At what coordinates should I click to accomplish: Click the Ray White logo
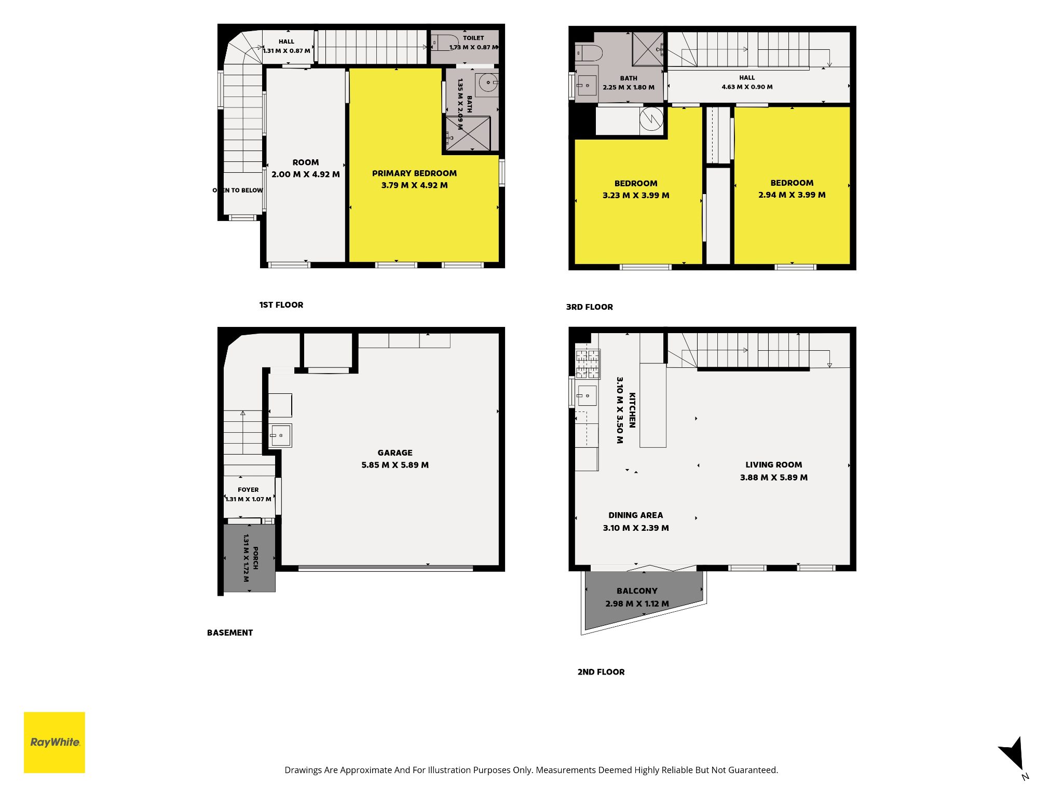pos(54,742)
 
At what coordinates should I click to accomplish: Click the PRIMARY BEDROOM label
pos(414,173)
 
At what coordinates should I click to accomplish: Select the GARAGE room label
pos(395,452)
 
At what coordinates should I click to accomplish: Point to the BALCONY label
pos(637,591)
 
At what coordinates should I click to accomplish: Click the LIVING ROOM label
pos(773,465)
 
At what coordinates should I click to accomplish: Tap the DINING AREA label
pos(635,515)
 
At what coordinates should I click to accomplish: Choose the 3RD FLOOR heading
pos(589,307)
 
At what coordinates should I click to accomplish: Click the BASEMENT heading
pos(230,633)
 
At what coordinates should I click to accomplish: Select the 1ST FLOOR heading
pos(281,305)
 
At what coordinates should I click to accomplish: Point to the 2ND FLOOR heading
pos(601,672)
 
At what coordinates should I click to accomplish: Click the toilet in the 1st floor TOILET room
pos(444,42)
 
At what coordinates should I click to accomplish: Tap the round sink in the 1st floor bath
pos(488,83)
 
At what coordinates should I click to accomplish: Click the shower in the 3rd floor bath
pos(648,49)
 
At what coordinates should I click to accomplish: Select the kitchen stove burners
pos(588,363)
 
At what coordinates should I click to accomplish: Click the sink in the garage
pos(280,435)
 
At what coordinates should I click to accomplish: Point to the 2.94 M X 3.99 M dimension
pos(792,195)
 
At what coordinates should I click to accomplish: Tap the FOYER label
pos(248,490)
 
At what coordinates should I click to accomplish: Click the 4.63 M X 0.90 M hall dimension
pos(747,87)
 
